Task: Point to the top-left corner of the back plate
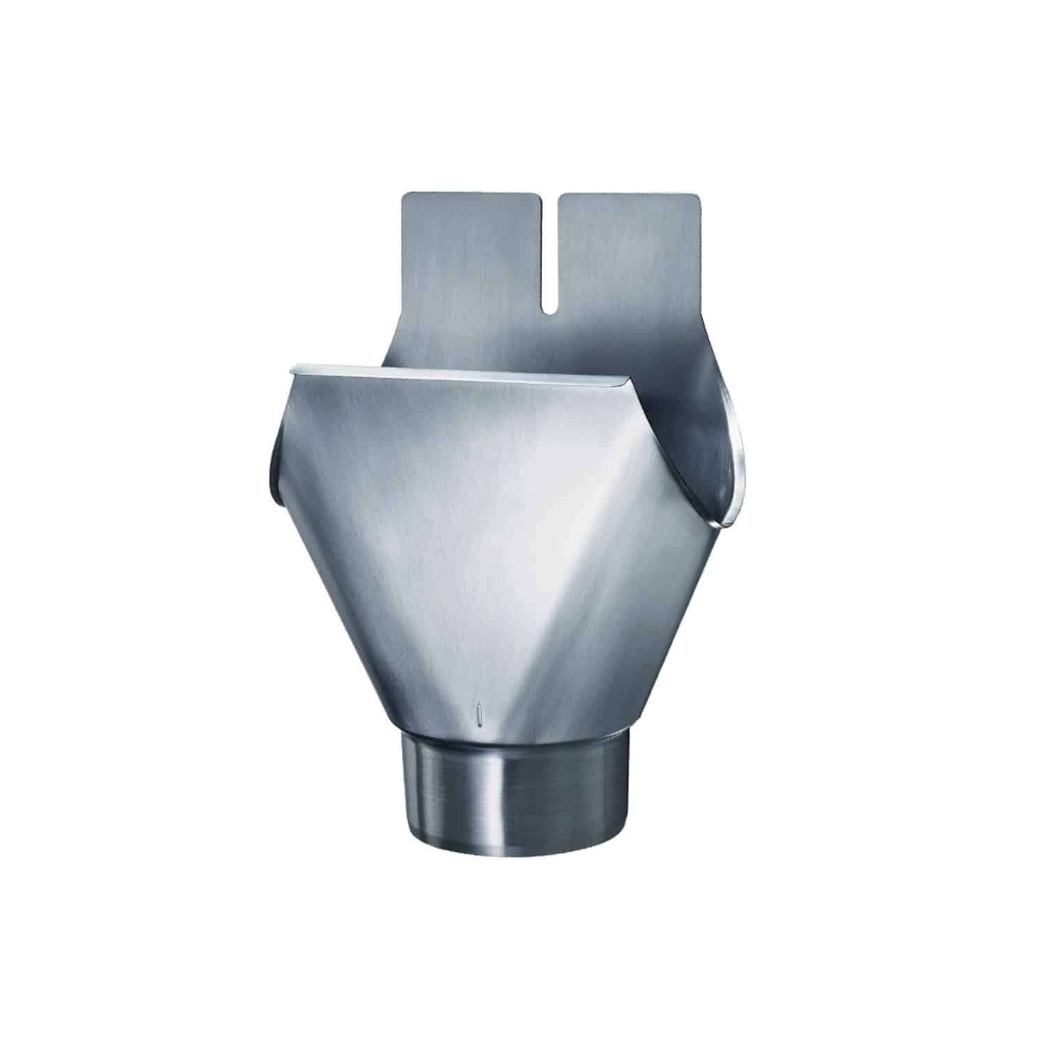(406, 198)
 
